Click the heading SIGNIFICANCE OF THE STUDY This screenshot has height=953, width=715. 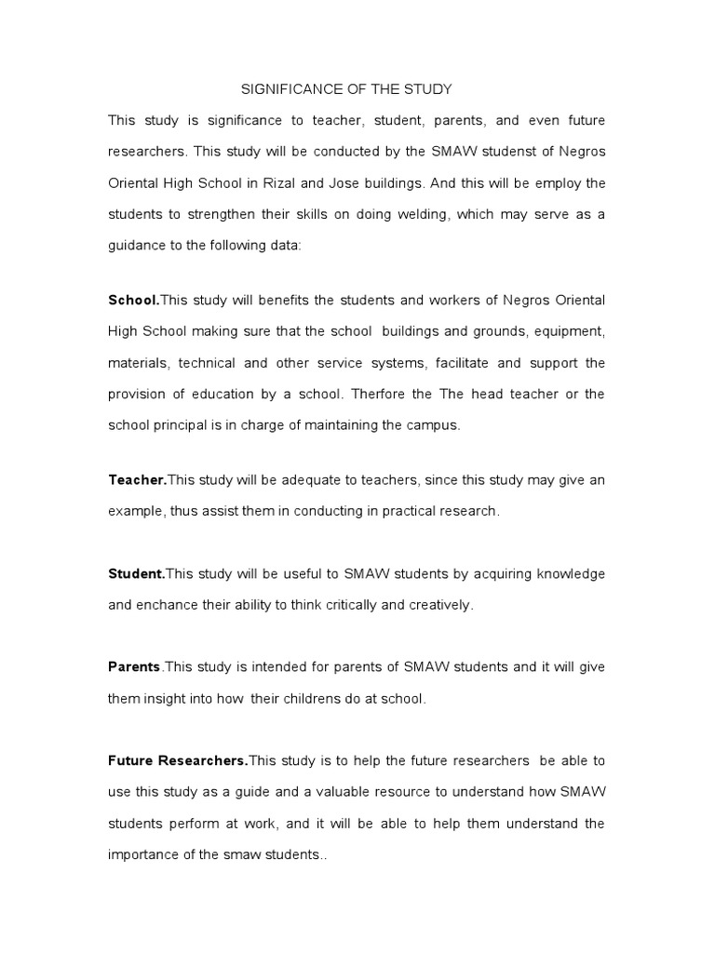tap(346, 89)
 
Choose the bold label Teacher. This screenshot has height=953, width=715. tap(137, 480)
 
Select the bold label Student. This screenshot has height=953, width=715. tap(136, 573)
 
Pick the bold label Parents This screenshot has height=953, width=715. tap(135, 667)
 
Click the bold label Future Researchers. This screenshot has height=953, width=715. tap(178, 761)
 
